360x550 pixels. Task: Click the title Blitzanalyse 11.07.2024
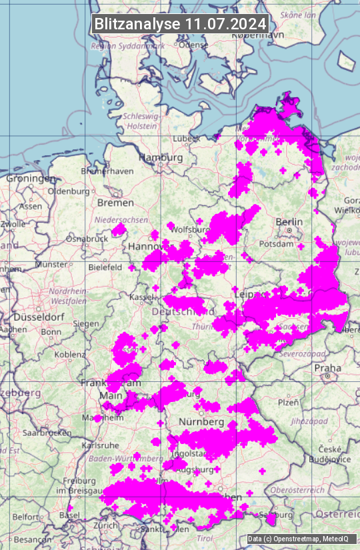[x=180, y=23]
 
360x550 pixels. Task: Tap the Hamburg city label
[x=161, y=157]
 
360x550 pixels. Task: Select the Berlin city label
[x=289, y=221]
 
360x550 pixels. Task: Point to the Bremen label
[x=115, y=202]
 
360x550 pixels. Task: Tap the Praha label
[x=328, y=368]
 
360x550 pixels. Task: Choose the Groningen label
[x=31, y=179]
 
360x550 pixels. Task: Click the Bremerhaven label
[x=106, y=171]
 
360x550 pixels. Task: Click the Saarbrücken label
[x=47, y=432]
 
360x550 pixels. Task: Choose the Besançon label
[x=33, y=539]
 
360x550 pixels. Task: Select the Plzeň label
[x=288, y=402]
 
